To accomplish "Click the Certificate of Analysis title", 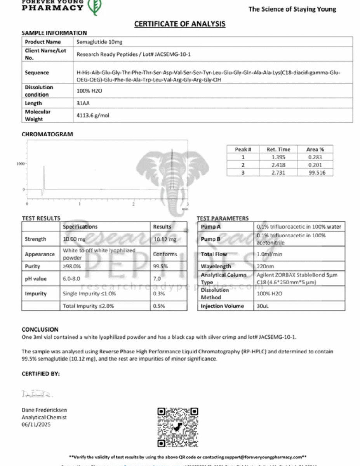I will point(180,24).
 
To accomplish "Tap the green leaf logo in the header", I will point(92,7).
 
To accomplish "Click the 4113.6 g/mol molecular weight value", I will point(92,115).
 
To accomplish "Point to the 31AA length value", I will point(83,103).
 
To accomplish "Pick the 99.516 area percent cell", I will point(315,172).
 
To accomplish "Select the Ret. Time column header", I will point(278,150).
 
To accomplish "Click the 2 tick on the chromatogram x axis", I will point(134,203).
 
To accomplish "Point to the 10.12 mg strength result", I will point(162,239).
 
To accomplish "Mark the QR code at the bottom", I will point(178,428).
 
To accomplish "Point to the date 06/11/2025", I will point(36,424).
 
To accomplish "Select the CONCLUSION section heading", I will point(40,329).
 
